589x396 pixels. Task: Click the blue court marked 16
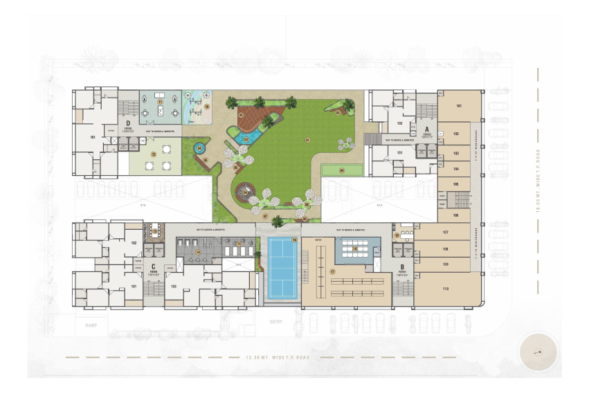click(282, 268)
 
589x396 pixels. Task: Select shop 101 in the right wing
click(458, 107)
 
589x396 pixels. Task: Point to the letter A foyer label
click(426, 129)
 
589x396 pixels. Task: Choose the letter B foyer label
click(401, 267)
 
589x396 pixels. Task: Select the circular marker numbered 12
click(154, 154)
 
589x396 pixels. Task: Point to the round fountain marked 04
click(199, 147)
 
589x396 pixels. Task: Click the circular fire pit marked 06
click(245, 192)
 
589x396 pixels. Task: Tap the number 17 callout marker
click(332, 272)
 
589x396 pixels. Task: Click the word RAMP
click(91, 324)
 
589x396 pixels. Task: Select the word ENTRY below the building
click(275, 322)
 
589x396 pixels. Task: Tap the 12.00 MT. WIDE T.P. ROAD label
click(276, 358)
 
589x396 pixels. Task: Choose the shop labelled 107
click(446, 232)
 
